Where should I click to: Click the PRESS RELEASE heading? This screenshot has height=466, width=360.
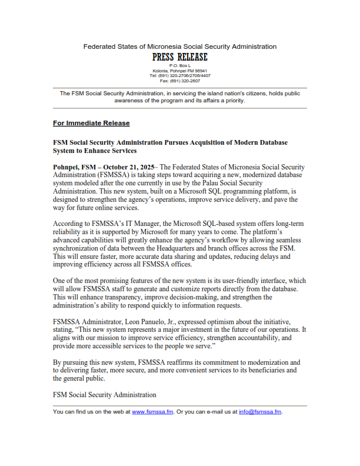(x=179, y=57)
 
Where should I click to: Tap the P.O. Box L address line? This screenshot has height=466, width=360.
(x=179, y=65)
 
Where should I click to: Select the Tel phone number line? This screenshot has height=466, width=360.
(x=179, y=75)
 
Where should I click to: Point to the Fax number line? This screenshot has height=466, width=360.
(x=179, y=81)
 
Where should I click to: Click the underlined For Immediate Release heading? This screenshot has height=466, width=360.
(x=91, y=124)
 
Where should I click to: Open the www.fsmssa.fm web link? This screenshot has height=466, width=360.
(x=152, y=412)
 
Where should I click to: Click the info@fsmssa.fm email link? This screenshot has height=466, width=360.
(x=260, y=412)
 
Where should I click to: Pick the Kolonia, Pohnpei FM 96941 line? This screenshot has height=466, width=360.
(x=179, y=71)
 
